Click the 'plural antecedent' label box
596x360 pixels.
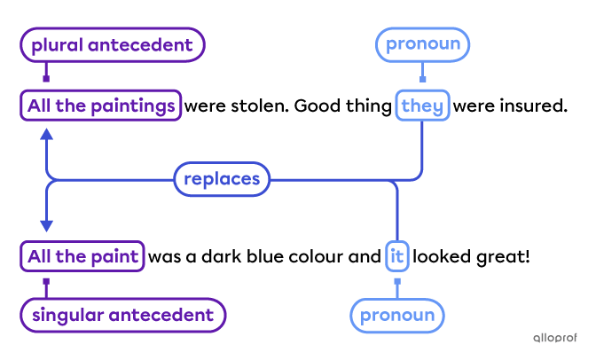click(x=112, y=45)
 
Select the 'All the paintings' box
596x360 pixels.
click(x=100, y=106)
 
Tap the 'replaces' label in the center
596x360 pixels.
click(x=221, y=179)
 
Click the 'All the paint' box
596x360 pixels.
click(x=82, y=257)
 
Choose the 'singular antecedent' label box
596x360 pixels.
click(x=122, y=315)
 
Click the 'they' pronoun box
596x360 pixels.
click(x=421, y=106)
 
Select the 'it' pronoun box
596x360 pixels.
click(x=396, y=257)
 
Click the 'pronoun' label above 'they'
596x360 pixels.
click(x=422, y=45)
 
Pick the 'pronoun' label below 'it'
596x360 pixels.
click(x=397, y=315)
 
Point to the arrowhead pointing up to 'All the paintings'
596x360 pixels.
click(x=46, y=134)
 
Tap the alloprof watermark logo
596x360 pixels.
click(x=556, y=337)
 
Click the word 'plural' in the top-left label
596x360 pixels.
click(x=58, y=45)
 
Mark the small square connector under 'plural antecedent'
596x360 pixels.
click(x=46, y=78)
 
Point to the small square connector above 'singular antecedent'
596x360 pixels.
click(x=46, y=283)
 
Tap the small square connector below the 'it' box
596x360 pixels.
click(x=396, y=282)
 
